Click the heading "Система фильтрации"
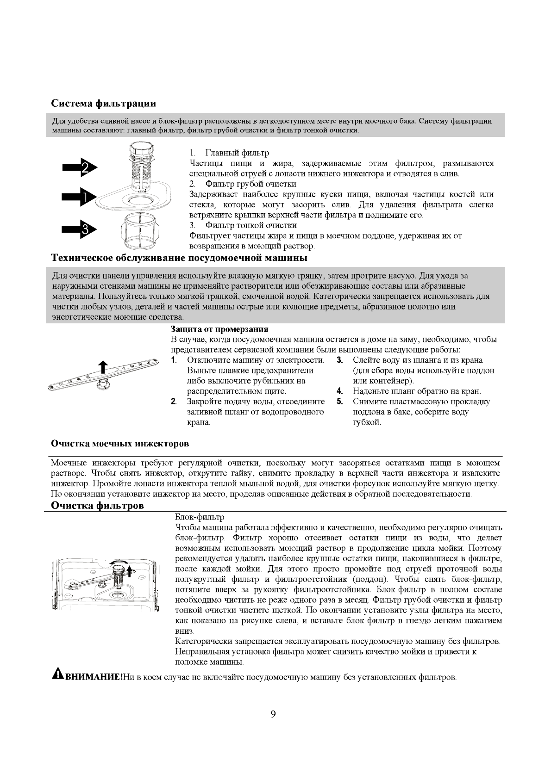pos(103,103)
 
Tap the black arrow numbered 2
pos(79,167)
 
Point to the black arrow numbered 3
pos(79,229)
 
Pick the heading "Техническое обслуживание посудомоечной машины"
pos(179,257)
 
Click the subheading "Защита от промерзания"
pos(219,329)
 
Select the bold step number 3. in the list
pos(339,360)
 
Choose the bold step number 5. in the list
pos(339,402)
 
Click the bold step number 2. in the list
pos(174,402)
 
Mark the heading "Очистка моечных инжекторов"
pos(119,444)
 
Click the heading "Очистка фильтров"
pos(97,506)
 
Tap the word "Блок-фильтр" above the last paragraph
pos(200,517)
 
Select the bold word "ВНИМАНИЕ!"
pos(94,677)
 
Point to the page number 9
pos(273,714)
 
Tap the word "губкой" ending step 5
pos(367,422)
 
